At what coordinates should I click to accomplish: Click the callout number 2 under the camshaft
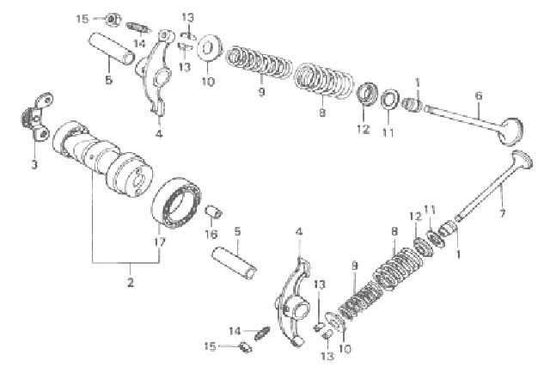point(131,282)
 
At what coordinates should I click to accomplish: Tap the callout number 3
point(34,164)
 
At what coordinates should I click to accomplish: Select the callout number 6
point(479,95)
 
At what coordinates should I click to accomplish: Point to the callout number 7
point(502,212)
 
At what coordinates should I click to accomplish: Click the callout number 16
point(211,234)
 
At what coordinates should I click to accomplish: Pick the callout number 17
point(160,242)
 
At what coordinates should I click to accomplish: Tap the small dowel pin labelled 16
point(213,211)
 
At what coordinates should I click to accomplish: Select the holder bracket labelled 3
point(37,117)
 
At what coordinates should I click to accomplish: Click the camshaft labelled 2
point(102,159)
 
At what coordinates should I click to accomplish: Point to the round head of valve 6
point(510,132)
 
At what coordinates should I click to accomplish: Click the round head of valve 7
point(522,161)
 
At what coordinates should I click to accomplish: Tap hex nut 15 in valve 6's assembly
point(113,19)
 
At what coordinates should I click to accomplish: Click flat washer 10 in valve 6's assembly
point(210,48)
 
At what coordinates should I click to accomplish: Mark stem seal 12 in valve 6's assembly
point(367,94)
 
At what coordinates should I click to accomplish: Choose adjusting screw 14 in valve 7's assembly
point(262,333)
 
